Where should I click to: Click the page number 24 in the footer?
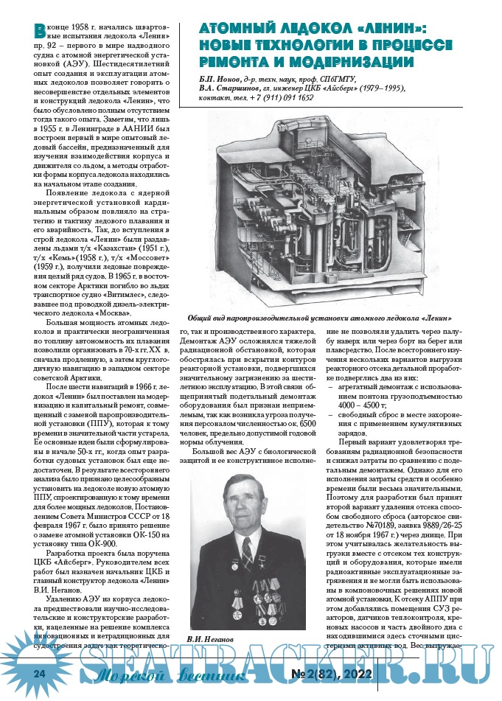(39, 674)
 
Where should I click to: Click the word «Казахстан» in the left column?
(120, 250)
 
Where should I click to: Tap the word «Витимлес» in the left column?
(144, 292)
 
